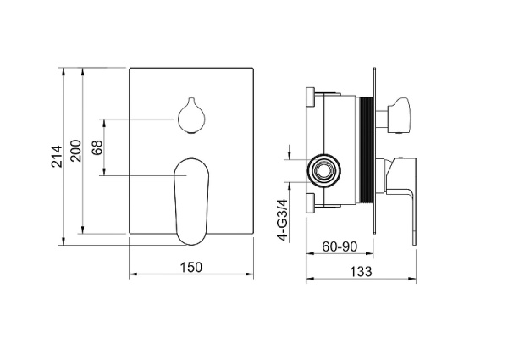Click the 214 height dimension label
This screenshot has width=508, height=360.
57,157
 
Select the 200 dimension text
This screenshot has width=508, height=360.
76,151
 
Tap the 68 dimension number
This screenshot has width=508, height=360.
97,147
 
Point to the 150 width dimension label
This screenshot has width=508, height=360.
191,268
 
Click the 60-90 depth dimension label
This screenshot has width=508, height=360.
340,246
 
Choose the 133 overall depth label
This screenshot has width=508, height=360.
361,271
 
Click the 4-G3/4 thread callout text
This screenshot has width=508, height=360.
283,220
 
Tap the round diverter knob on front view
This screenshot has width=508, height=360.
191,115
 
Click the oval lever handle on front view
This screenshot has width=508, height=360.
191,201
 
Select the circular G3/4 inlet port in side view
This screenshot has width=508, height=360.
323,170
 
